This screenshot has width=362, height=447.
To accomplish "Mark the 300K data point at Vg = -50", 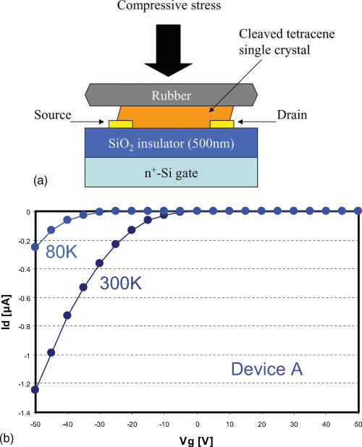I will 35,390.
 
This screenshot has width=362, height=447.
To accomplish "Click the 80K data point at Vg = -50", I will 35,247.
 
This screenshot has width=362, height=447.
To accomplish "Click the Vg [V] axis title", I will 197,438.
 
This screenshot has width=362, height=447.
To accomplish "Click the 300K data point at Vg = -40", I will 67,315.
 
